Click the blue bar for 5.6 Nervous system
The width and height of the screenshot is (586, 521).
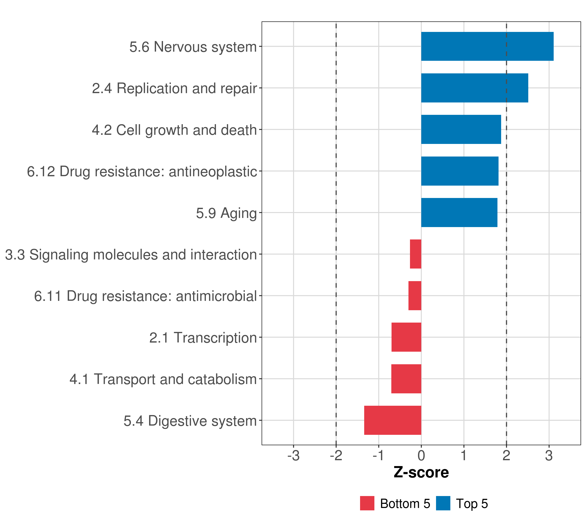[487, 46]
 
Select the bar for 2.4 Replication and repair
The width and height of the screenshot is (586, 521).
[474, 88]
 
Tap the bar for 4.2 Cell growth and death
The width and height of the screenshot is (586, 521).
[461, 129]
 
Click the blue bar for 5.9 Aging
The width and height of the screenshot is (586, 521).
[459, 213]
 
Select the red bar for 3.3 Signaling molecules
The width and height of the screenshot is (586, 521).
[415, 254]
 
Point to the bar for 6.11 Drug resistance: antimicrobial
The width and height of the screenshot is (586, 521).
[415, 296]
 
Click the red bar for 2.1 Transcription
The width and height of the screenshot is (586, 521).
[406, 337]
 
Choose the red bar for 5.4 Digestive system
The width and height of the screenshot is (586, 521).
[392, 420]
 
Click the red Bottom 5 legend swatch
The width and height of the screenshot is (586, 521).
[367, 503]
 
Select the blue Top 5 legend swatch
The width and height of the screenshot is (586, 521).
[443, 503]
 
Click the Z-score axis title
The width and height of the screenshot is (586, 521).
[421, 472]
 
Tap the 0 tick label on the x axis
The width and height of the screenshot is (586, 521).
[421, 456]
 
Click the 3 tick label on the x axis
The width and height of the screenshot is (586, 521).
[549, 456]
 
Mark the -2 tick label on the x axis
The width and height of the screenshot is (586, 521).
[336, 456]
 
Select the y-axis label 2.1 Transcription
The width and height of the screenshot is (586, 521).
[203, 338]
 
